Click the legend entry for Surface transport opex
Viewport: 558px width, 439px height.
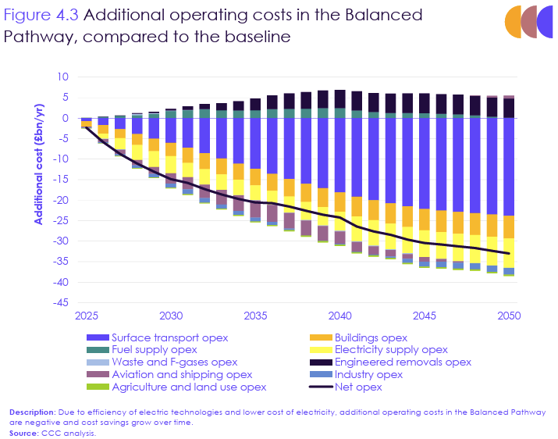[x=169, y=337]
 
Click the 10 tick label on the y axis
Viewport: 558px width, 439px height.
[x=63, y=77]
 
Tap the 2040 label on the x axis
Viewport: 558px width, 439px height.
[x=339, y=316]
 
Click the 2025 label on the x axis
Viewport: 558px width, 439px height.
[x=87, y=316]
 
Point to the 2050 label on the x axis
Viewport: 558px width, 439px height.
[x=508, y=316]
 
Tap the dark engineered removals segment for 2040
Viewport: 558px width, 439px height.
[x=339, y=98]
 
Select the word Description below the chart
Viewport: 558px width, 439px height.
[x=31, y=411]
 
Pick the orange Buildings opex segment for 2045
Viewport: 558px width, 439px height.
[x=424, y=219]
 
